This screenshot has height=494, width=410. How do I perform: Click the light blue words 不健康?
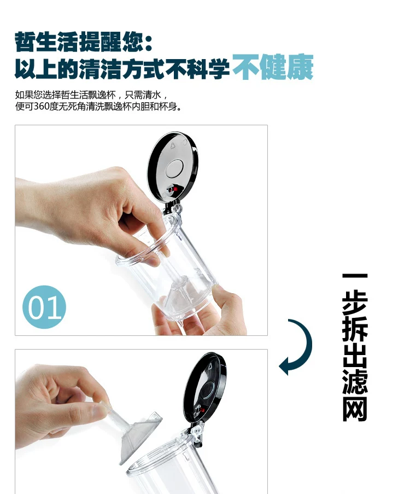pos(273,67)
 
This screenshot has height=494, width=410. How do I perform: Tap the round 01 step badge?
pos(44,307)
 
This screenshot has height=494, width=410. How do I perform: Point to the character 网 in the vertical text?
pos(355,409)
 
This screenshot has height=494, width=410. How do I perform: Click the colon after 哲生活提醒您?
pos(149,43)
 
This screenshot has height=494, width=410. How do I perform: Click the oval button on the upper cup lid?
pos(174,168)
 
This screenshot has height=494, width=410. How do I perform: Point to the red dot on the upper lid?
pos(175,189)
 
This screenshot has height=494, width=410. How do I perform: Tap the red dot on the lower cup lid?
pos(203,410)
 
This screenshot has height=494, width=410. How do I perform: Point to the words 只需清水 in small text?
pos(143,95)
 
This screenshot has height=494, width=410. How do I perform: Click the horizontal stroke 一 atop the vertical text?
pos(355,276)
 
